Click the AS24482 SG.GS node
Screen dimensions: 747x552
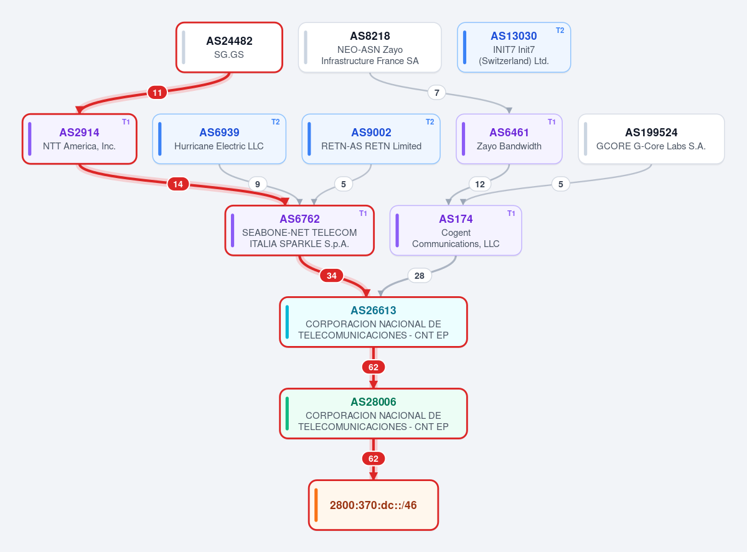tap(229, 47)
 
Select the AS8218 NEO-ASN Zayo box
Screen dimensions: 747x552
tap(370, 47)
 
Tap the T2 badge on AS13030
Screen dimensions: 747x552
tap(560, 30)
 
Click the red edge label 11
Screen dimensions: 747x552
tap(157, 93)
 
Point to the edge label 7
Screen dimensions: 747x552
tap(436, 93)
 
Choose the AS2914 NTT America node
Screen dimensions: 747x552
tap(80, 139)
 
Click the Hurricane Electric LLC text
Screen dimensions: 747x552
tap(219, 146)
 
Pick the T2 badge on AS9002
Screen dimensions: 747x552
tap(430, 122)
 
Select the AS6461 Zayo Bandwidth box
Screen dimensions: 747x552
tap(509, 139)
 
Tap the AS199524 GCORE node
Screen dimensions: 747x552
tap(651, 139)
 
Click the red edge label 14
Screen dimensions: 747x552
tap(178, 184)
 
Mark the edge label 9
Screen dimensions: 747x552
tap(258, 184)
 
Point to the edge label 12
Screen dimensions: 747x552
tap(480, 184)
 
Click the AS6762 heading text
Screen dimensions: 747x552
tap(300, 219)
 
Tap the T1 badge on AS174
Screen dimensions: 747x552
tap(511, 213)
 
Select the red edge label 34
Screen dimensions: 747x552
tap(332, 276)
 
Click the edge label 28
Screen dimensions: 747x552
tap(420, 276)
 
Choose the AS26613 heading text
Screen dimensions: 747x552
tap(374, 311)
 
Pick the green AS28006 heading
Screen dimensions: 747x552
tap(374, 402)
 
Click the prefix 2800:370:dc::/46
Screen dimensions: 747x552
tap(373, 505)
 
